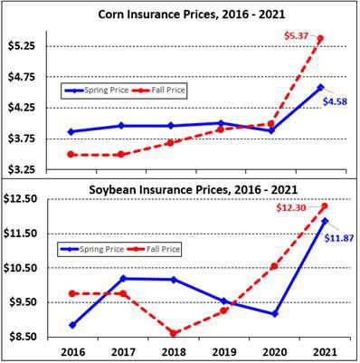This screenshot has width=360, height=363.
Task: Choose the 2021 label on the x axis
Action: [323, 351]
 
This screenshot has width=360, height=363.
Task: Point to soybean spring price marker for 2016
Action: [71, 324]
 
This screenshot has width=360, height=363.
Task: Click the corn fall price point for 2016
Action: [71, 155]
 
